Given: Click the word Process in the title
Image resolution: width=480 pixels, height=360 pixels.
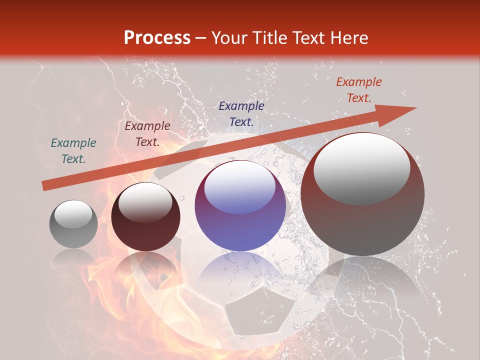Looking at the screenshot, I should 157,38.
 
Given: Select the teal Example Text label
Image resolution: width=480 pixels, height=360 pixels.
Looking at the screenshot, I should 73,151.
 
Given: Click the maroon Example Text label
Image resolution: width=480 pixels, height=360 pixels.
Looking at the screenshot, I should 147,134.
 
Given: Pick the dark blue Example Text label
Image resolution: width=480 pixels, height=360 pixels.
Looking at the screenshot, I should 241,113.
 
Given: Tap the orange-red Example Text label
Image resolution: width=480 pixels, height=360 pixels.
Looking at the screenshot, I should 359,90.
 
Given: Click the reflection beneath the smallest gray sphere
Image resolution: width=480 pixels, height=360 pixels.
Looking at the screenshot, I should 73,257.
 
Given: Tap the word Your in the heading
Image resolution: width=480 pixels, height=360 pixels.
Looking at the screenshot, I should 229,38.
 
